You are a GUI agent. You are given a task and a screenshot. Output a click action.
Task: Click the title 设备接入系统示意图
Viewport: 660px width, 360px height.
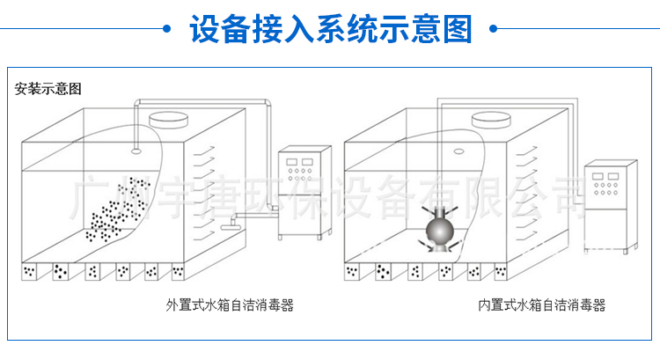tap(331, 29)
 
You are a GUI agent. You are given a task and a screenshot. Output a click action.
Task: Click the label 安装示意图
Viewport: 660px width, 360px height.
tap(48, 89)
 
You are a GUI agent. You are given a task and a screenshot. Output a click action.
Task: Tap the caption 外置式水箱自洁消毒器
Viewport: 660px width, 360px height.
tap(230, 305)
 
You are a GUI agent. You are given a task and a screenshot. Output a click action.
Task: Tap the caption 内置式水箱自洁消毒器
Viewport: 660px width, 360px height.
tap(542, 305)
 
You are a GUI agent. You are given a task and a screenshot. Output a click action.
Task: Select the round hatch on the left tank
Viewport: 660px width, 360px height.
tap(168, 119)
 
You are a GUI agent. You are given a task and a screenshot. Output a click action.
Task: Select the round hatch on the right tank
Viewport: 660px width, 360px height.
tap(491, 119)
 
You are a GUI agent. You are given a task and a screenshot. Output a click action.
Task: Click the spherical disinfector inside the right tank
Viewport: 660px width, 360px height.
tap(439, 229)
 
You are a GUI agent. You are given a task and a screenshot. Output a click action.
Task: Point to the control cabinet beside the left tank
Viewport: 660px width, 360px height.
tap(304, 193)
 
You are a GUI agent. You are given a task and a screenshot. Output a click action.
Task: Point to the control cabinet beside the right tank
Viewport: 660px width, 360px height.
tap(611, 207)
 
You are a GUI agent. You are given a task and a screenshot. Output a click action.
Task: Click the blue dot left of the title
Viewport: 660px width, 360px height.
tap(166, 29)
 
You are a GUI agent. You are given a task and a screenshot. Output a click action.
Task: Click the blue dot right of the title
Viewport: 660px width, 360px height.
tap(494, 29)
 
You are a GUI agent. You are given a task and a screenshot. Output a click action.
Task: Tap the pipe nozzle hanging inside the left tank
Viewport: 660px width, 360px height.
tap(136, 151)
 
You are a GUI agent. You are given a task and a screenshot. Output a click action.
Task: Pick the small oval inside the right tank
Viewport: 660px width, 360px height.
tap(458, 151)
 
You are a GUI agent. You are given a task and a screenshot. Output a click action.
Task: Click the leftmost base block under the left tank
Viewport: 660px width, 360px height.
tap(29, 272)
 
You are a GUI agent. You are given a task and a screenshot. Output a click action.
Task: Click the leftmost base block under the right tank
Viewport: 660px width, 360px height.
tap(352, 272)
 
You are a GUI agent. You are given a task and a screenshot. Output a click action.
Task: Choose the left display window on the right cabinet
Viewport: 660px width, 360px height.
tap(598, 176)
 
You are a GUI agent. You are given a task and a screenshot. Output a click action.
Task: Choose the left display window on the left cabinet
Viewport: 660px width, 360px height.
tap(291, 162)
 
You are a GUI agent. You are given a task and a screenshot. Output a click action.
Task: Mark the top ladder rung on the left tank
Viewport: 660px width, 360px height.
tap(204, 151)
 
